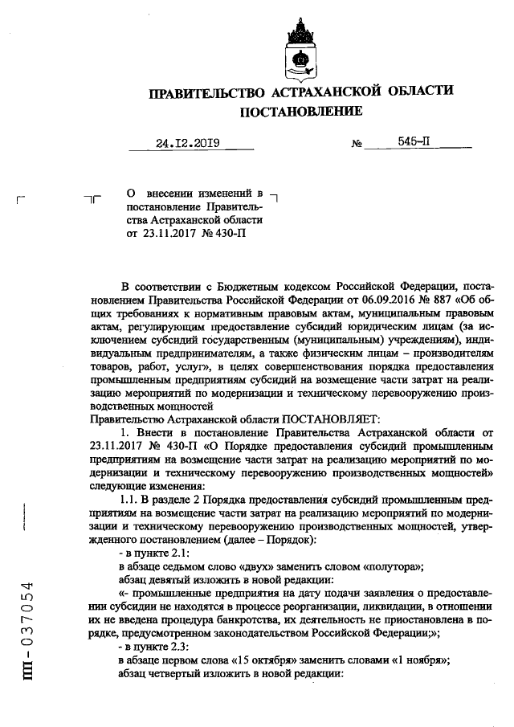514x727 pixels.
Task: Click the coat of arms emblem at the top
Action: click(x=299, y=49)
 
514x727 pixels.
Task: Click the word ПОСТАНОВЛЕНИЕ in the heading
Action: click(x=298, y=111)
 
